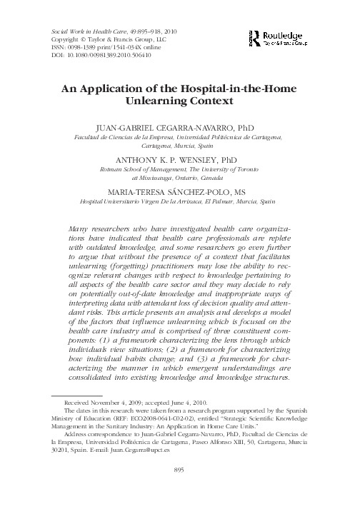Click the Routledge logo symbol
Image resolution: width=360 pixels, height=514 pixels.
pos(255,38)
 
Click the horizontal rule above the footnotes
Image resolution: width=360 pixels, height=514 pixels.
pos(71,395)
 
